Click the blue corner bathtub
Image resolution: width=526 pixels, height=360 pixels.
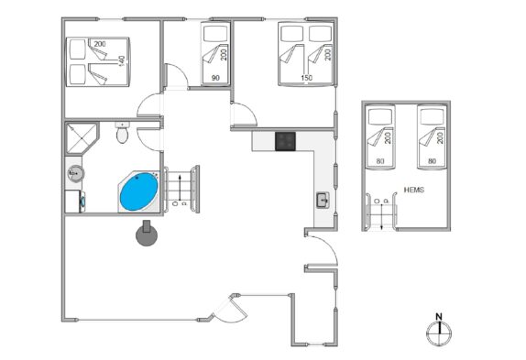click(x=138, y=191)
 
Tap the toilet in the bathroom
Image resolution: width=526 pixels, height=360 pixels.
click(x=122, y=133)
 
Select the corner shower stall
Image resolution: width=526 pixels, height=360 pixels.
click(x=81, y=137)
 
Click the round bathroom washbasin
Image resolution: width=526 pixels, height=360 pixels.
click(x=75, y=174)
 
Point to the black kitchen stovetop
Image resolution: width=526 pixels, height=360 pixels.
click(x=286, y=141)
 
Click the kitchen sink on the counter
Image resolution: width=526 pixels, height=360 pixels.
click(x=323, y=200)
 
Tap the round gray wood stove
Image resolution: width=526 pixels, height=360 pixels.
click(x=147, y=234)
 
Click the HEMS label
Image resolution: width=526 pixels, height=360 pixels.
click(x=414, y=190)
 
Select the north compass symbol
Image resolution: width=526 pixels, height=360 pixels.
click(x=439, y=333)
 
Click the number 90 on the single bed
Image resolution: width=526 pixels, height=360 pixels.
click(x=215, y=78)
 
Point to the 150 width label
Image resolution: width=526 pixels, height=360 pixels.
click(x=307, y=78)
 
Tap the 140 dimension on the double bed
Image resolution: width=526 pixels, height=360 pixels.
click(x=122, y=61)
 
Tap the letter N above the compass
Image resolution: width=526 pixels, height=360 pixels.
click(x=439, y=316)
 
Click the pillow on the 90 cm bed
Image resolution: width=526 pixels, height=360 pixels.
click(x=215, y=34)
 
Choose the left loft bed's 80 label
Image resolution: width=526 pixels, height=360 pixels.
click(x=380, y=161)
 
